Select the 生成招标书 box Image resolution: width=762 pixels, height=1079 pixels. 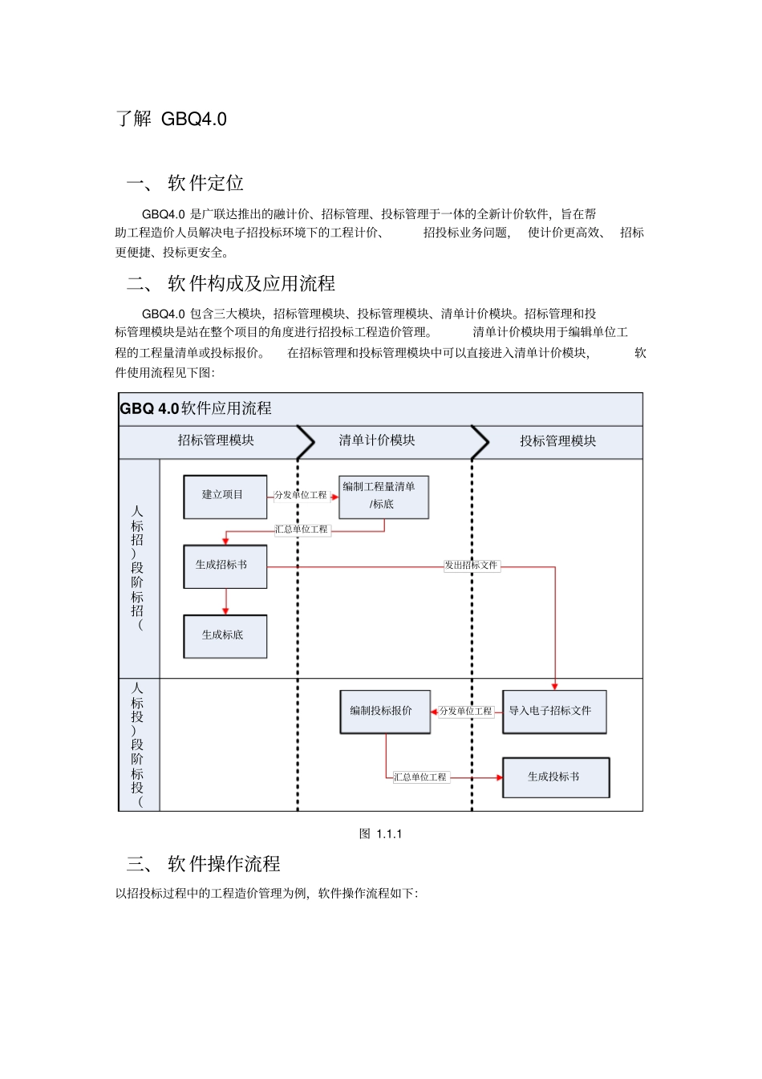point(225,566)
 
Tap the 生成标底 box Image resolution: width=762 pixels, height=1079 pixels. point(225,636)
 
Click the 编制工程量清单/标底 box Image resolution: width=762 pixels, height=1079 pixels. point(383,497)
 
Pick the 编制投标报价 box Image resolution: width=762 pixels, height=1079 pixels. point(384,712)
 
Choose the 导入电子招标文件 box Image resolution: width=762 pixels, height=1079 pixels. point(553,712)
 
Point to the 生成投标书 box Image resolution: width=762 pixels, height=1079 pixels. point(555,777)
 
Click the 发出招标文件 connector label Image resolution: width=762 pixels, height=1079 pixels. point(472,566)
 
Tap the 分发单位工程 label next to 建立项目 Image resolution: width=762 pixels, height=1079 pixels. point(301,496)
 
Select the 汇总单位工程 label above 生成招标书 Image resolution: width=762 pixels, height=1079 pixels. point(302,529)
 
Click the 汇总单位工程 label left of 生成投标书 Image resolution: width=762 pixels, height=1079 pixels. point(420,777)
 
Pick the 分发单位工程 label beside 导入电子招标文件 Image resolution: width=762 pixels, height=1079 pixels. point(466,712)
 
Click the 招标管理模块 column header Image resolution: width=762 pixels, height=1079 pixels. point(216,440)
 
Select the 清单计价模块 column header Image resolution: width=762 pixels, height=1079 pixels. point(377,440)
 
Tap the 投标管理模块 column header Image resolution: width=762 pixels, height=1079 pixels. point(557,441)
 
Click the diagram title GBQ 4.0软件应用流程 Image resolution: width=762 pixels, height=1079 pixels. point(196,408)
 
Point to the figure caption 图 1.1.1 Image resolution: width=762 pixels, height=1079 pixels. point(381,834)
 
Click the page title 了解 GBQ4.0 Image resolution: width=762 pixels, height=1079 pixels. point(172,120)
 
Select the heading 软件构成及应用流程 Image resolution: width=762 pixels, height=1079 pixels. point(251,284)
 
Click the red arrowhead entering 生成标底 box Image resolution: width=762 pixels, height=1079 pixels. point(225,611)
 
